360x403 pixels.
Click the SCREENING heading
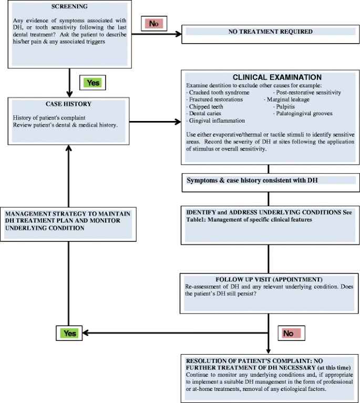[69, 6]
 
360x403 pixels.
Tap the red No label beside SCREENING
[154, 24]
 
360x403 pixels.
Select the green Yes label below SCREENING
[92, 83]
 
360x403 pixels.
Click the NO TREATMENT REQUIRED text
[270, 32]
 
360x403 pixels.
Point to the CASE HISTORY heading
[68, 104]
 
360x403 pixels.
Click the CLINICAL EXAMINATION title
[277, 77]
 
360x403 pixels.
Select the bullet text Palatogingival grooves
[304, 113]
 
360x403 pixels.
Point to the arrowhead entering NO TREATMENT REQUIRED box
[179, 34]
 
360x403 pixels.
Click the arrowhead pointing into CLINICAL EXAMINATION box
[178, 122]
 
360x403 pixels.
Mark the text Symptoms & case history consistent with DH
[252, 180]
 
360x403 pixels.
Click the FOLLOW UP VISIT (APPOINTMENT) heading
[269, 279]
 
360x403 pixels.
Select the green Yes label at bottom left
[69, 334]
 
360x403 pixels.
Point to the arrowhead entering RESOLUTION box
[269, 351]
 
